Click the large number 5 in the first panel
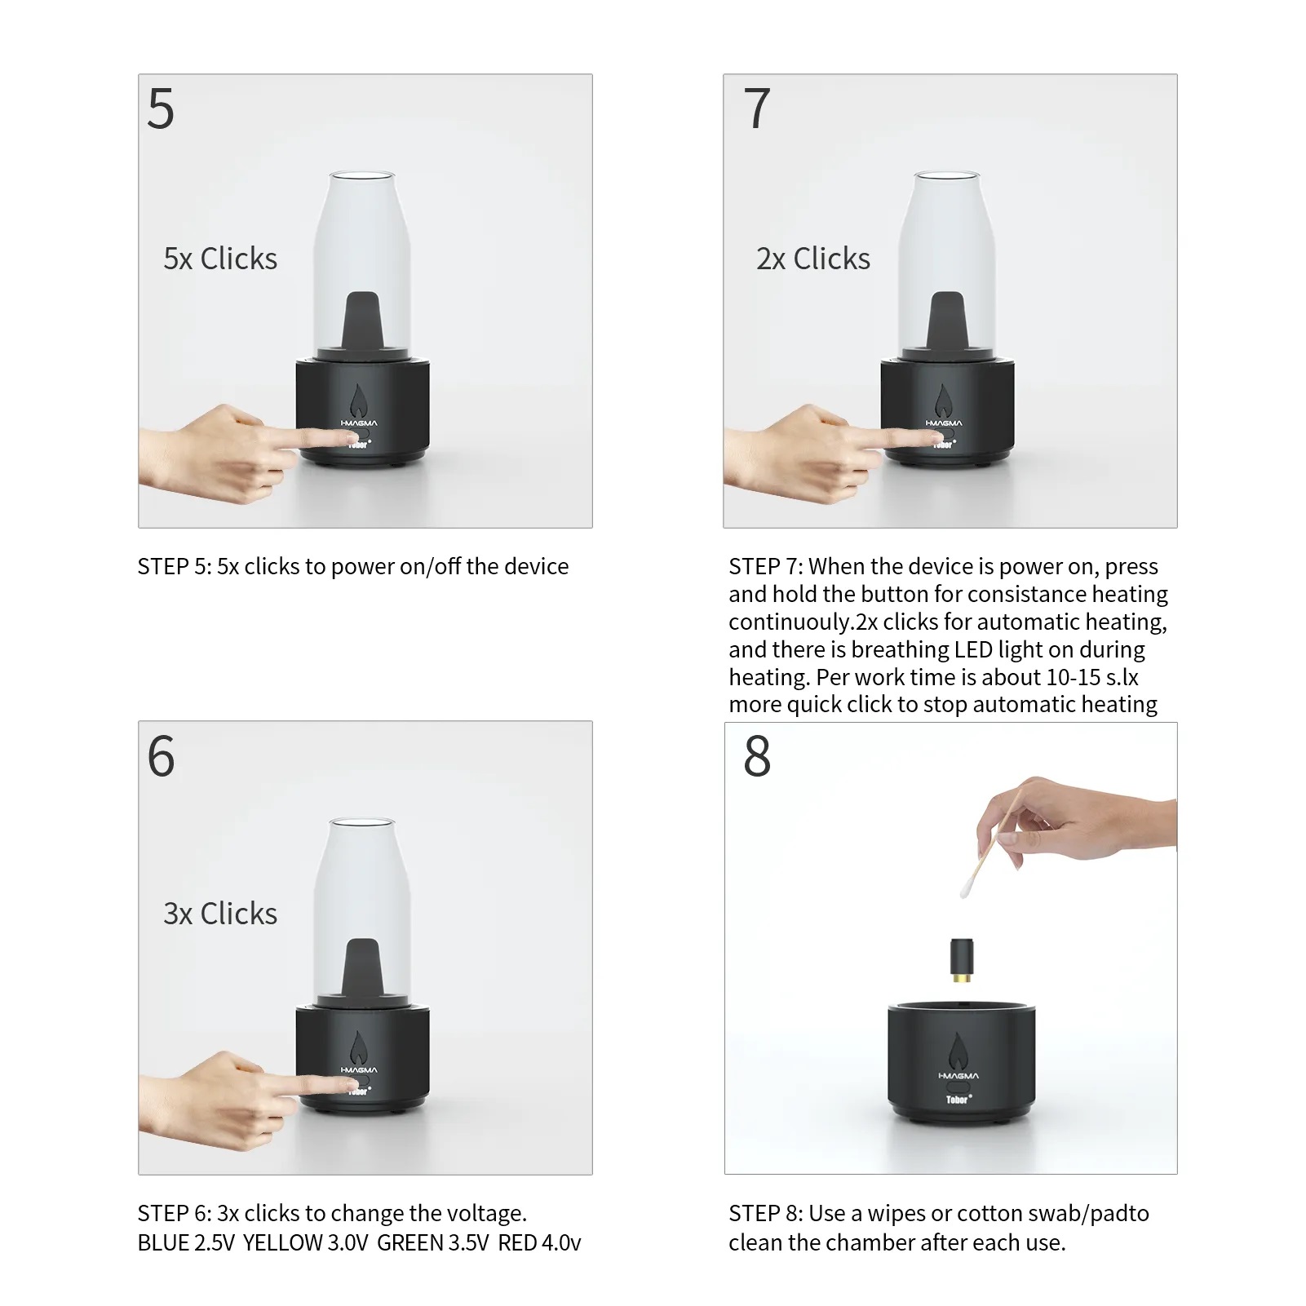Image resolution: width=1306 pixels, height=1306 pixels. pos(161,108)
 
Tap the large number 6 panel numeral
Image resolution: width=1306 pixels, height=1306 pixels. pos(162,756)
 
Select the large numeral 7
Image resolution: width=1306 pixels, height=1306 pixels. pos(757,108)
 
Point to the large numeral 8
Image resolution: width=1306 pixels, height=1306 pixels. pos(757,756)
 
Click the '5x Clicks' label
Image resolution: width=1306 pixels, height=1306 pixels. pos(220,259)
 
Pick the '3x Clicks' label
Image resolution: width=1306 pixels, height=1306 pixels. pos(220,914)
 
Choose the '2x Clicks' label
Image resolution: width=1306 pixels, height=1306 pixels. pos(813,259)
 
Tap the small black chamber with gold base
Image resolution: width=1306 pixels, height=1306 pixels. pos(963,959)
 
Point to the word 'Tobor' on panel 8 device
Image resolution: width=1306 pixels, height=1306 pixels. pos(958,1100)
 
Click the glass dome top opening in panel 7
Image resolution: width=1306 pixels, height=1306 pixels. pos(947,175)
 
